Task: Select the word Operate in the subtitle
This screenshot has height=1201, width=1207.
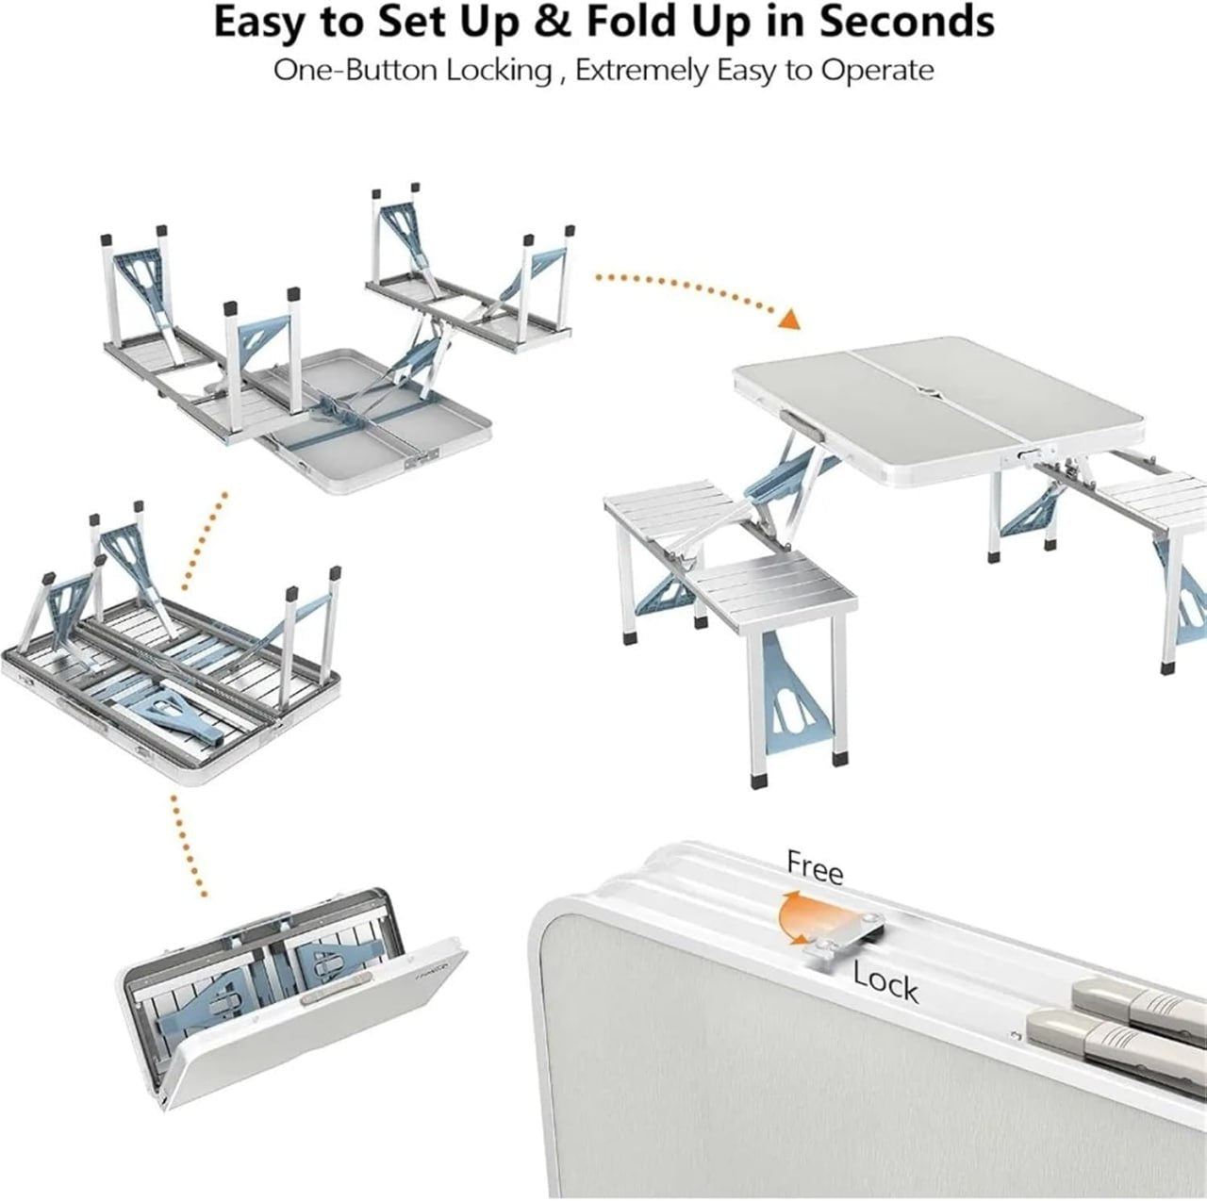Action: pyautogui.click(x=877, y=71)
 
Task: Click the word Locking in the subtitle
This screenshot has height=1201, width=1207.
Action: pyautogui.click(x=498, y=71)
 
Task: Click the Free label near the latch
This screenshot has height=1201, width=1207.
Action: pyautogui.click(x=815, y=867)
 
